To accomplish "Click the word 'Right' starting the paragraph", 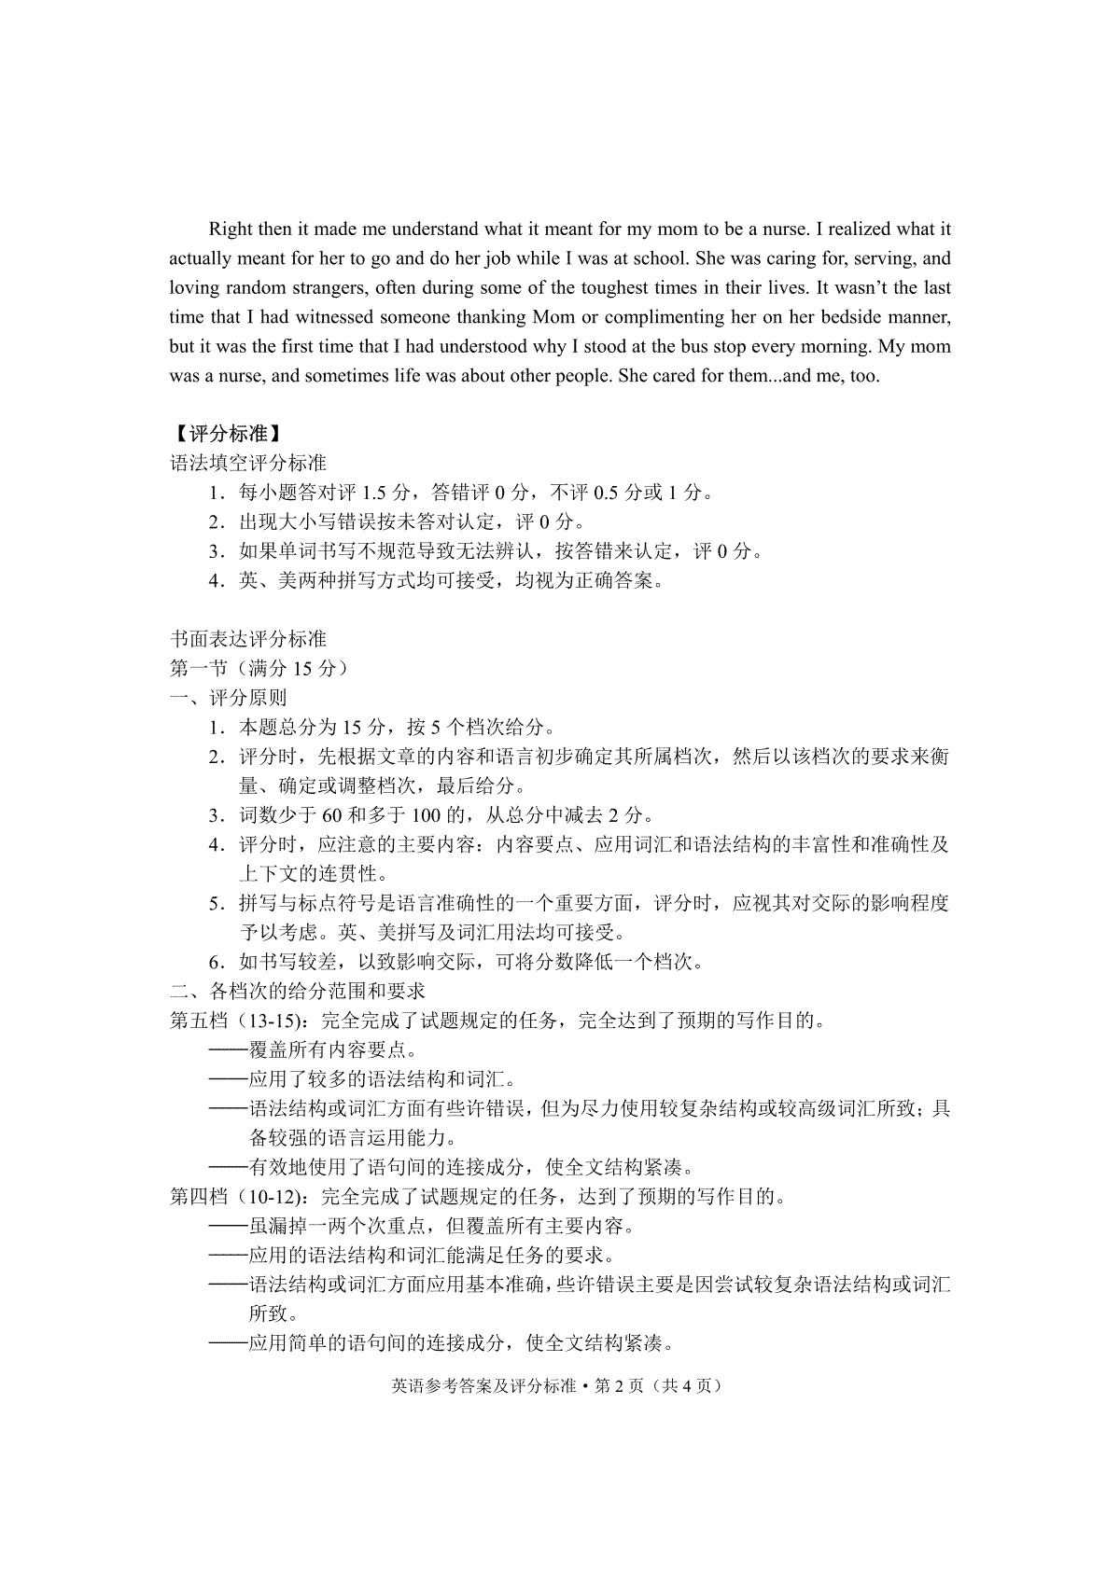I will pyautogui.click(x=229, y=229).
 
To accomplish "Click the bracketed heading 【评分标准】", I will pyautogui.click(x=227, y=435).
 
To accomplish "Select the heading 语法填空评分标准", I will pyautogui.click(x=247, y=464).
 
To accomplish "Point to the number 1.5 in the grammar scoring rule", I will pyautogui.click(x=373, y=493).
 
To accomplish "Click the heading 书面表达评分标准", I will pyautogui.click(x=247, y=640).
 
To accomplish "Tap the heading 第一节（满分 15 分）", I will pyautogui.click(x=259, y=669).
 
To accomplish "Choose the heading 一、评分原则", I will pyautogui.click(x=228, y=698).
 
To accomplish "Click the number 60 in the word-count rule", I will pyautogui.click(x=334, y=815).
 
